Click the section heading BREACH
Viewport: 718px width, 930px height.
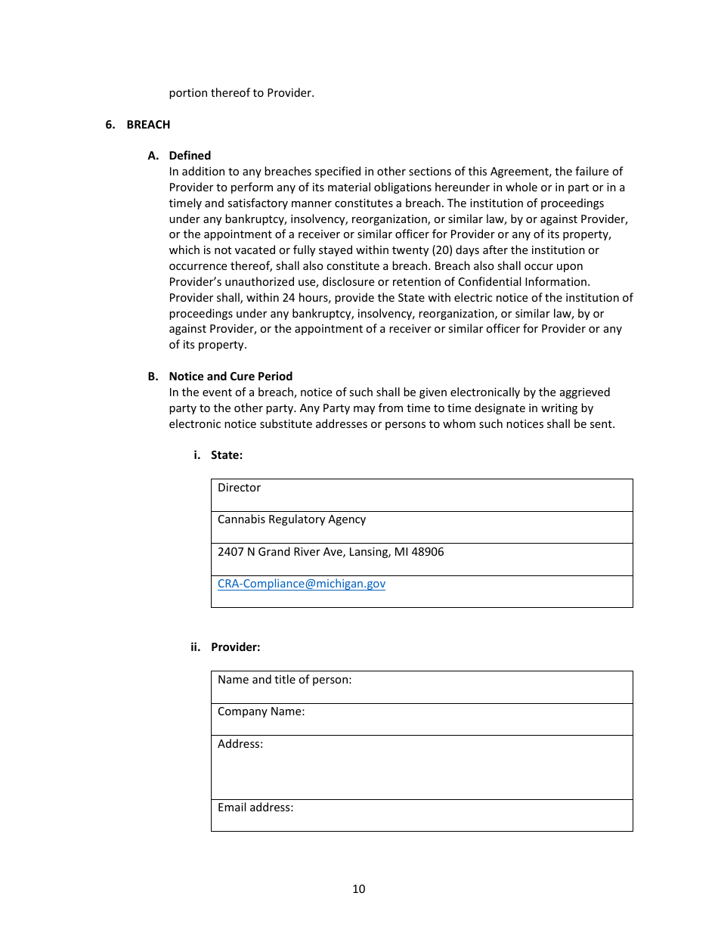pos(148,125)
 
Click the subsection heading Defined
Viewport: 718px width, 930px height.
pos(190,156)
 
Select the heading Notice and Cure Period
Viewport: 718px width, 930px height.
pos(231,377)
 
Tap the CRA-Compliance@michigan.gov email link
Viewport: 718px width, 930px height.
pos(302,584)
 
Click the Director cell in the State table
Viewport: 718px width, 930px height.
pos(239,488)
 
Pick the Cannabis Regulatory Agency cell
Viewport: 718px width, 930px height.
pos(292,519)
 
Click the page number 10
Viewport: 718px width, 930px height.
pos(358,889)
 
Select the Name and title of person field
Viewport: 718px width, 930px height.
pos(284,680)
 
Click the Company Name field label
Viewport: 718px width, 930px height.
pos(261,711)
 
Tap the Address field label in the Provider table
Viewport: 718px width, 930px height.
pos(240,744)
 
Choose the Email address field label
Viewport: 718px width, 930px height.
pos(255,808)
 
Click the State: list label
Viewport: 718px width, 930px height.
pos(227,455)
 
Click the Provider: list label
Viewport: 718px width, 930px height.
pos(235,647)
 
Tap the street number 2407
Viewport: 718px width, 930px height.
pos(231,552)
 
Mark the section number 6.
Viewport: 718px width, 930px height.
pos(110,125)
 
